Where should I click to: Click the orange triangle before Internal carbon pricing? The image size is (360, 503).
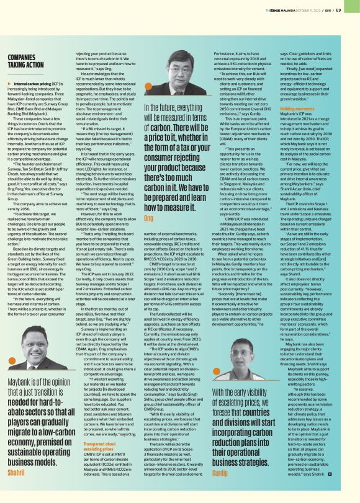(10, 83)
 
